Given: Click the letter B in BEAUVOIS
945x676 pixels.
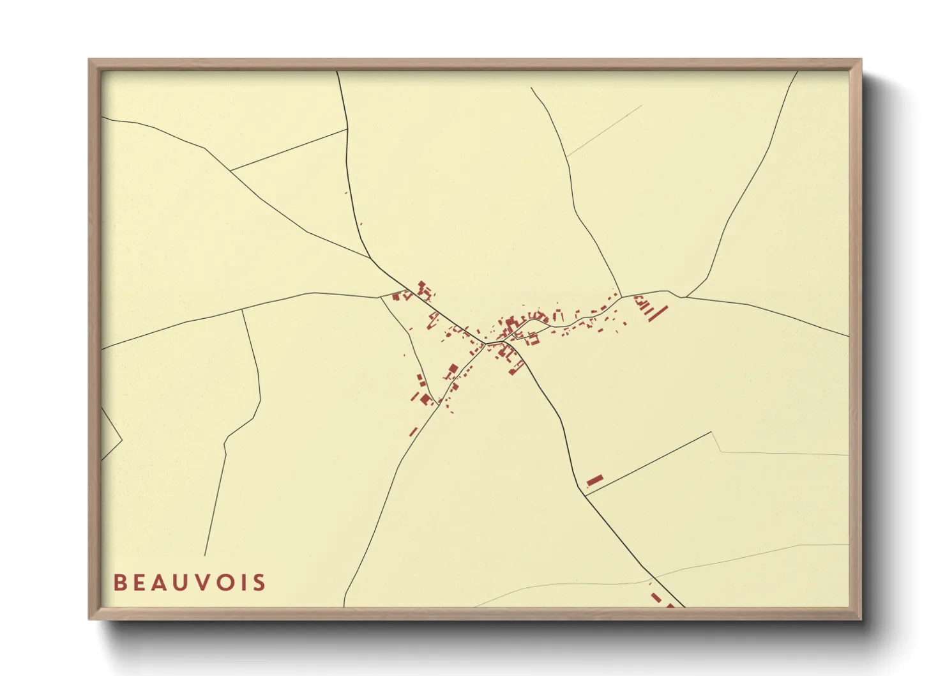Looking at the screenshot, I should point(119,583).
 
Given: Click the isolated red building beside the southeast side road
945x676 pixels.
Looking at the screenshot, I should point(594,480).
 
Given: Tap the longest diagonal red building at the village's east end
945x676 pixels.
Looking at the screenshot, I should point(658,313).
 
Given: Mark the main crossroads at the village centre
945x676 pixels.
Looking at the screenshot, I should point(487,344).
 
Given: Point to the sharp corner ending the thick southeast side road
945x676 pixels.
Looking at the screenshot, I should point(711,433).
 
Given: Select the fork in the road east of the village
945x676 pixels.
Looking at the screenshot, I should point(683,297).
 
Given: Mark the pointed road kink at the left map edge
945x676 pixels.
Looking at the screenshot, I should point(121,440).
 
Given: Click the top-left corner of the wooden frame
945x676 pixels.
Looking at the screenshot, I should point(89,59).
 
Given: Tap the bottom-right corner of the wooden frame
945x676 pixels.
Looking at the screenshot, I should point(861,619).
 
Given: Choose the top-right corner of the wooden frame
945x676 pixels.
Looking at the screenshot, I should point(861,59).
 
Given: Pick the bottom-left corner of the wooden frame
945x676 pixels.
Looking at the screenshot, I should point(89,619).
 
